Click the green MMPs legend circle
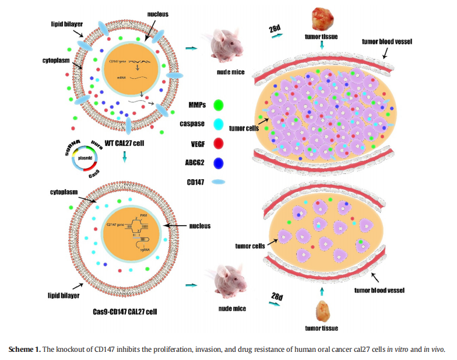coord(220,104)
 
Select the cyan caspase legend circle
coord(220,124)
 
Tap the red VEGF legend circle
coord(220,143)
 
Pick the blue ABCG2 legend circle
coord(220,162)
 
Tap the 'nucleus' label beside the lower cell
coord(199,225)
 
